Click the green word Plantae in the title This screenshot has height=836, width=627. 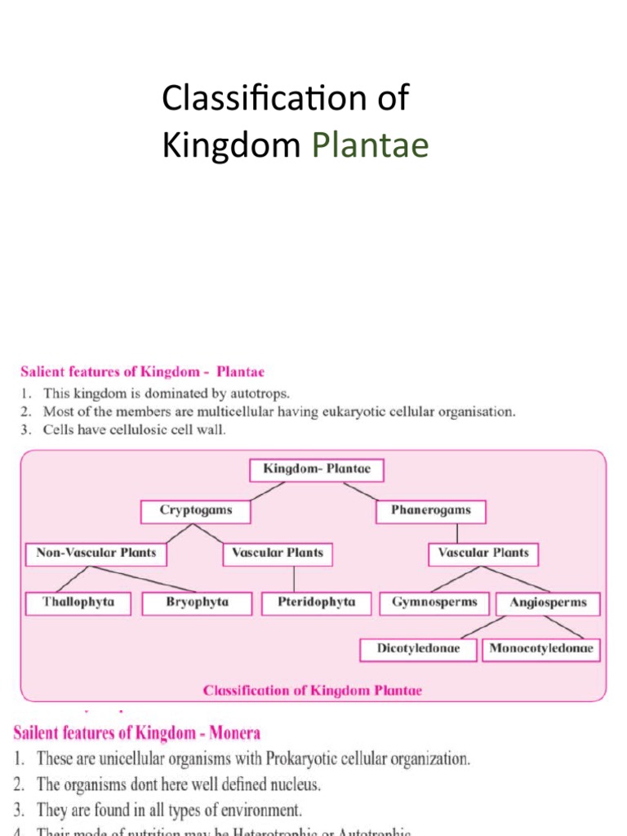tap(371, 147)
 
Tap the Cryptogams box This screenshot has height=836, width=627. tap(195, 511)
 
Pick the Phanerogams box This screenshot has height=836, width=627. tap(430, 511)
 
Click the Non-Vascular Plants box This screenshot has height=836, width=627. tap(96, 554)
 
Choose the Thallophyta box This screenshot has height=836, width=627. tap(78, 603)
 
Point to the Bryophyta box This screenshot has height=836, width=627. tap(197, 603)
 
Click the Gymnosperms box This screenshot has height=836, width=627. tap(434, 603)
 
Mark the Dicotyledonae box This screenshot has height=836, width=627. tap(418, 650)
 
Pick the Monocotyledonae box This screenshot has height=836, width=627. tap(541, 650)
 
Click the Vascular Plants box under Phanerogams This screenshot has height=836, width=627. tap(483, 554)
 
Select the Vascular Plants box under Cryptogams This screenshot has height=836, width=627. tap(278, 554)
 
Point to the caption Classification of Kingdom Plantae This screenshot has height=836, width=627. tap(313, 691)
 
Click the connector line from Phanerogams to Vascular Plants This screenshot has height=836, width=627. tap(456, 533)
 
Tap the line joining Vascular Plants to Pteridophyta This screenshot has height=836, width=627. tap(295, 579)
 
